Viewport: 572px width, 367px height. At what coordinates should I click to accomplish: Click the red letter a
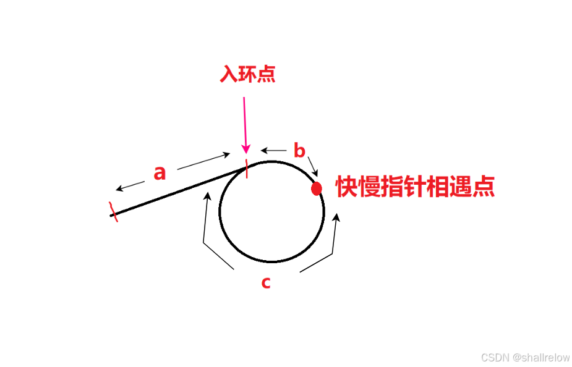[x=160, y=173]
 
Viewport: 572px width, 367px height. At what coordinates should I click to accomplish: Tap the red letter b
[x=299, y=150]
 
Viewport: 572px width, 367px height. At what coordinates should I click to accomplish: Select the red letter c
[x=265, y=282]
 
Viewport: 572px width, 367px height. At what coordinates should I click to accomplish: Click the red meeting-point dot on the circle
[x=317, y=188]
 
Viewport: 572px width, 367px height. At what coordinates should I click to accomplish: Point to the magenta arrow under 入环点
[x=245, y=124]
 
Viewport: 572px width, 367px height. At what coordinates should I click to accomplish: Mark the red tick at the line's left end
[x=113, y=211]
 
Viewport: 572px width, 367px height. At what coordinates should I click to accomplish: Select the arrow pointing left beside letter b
[x=273, y=150]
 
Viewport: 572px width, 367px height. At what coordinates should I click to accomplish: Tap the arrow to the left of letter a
[x=128, y=185]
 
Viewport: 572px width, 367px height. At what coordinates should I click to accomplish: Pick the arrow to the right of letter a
[x=203, y=161]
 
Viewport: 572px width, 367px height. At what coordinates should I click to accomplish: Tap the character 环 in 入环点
[x=247, y=74]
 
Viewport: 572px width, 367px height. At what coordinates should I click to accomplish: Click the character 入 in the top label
[x=229, y=74]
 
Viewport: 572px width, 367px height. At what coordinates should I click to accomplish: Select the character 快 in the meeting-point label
[x=348, y=187]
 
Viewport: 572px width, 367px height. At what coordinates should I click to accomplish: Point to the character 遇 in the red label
[x=466, y=187]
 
